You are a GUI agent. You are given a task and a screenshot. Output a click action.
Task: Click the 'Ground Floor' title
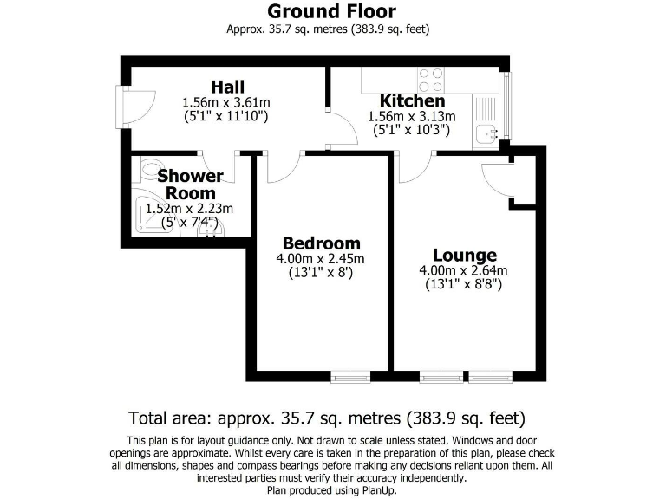tap(331, 11)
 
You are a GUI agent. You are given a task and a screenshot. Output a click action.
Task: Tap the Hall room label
tap(226, 87)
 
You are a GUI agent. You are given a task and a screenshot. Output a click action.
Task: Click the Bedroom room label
tap(321, 243)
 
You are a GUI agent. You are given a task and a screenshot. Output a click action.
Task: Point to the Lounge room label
tap(465, 255)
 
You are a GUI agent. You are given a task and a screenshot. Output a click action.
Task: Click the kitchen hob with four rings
tap(432, 81)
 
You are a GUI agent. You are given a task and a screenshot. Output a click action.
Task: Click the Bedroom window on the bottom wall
tap(350, 377)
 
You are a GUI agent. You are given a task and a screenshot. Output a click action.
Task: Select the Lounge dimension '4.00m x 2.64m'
tap(464, 270)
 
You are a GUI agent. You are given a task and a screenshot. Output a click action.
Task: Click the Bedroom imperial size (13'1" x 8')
tap(321, 272)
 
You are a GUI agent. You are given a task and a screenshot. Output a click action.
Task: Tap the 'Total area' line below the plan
tap(327, 418)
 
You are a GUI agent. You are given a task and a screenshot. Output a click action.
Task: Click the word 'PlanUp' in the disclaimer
tap(378, 490)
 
